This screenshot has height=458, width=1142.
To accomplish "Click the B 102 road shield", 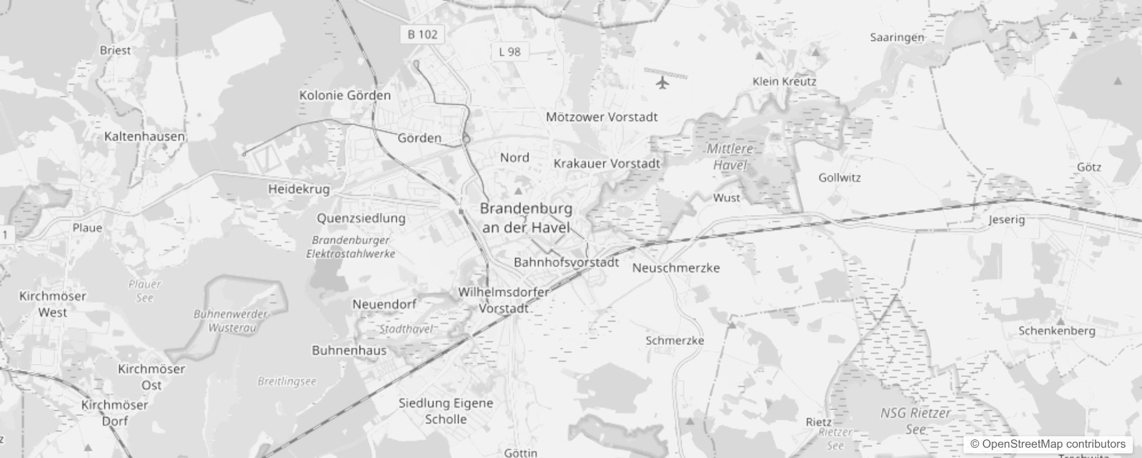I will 422,34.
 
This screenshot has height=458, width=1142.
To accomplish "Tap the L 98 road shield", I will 509,52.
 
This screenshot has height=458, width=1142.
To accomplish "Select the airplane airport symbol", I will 663,82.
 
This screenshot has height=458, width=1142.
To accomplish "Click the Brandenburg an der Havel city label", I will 526,218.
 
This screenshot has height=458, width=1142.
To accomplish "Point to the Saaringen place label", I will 897,38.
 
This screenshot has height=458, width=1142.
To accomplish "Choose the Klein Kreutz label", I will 784,81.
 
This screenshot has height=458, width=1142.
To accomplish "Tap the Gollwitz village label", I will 839,177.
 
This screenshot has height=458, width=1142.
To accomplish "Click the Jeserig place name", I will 1006,220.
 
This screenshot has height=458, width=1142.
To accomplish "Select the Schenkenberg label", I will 1057,331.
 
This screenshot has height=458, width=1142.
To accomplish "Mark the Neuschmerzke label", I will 676,268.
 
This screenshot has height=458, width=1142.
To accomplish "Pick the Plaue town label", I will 87,228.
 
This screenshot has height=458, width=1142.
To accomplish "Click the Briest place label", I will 115,50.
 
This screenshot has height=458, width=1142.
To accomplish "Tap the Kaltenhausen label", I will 145,136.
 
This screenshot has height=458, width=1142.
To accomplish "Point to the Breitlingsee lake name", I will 287,381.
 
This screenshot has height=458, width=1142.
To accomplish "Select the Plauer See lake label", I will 145,291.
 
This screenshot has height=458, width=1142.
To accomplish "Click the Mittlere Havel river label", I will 730,157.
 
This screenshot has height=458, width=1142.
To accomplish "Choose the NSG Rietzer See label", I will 915,421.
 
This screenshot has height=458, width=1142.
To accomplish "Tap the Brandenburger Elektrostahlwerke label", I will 350,247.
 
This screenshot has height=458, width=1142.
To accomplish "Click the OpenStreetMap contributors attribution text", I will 1048,444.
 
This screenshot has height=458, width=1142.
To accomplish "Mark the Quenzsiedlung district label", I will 361,218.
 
